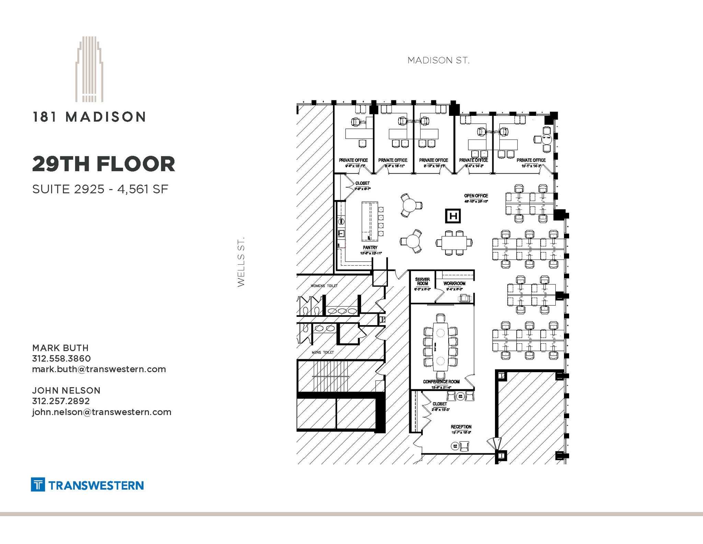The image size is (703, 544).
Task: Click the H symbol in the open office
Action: [453, 216]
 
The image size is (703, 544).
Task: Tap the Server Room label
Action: [422, 281]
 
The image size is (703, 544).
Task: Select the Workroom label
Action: [454, 284]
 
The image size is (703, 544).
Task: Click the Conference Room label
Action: [441, 381]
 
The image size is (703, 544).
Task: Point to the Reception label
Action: [461, 427]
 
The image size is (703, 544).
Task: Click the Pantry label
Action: [370, 247]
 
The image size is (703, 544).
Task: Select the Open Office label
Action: [476, 196]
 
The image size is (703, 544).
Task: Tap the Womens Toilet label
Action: [324, 286]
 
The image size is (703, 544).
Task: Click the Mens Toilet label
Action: [323, 352]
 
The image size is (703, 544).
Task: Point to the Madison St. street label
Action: [438, 60]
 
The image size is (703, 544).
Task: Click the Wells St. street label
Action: [241, 262]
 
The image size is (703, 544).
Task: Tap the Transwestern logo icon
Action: [38, 485]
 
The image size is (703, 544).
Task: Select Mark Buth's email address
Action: [99, 369]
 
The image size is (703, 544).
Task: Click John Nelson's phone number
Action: [61, 401]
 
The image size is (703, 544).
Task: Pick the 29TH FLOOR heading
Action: [104, 164]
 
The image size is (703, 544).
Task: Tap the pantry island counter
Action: [370, 222]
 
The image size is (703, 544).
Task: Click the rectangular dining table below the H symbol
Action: [454, 243]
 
